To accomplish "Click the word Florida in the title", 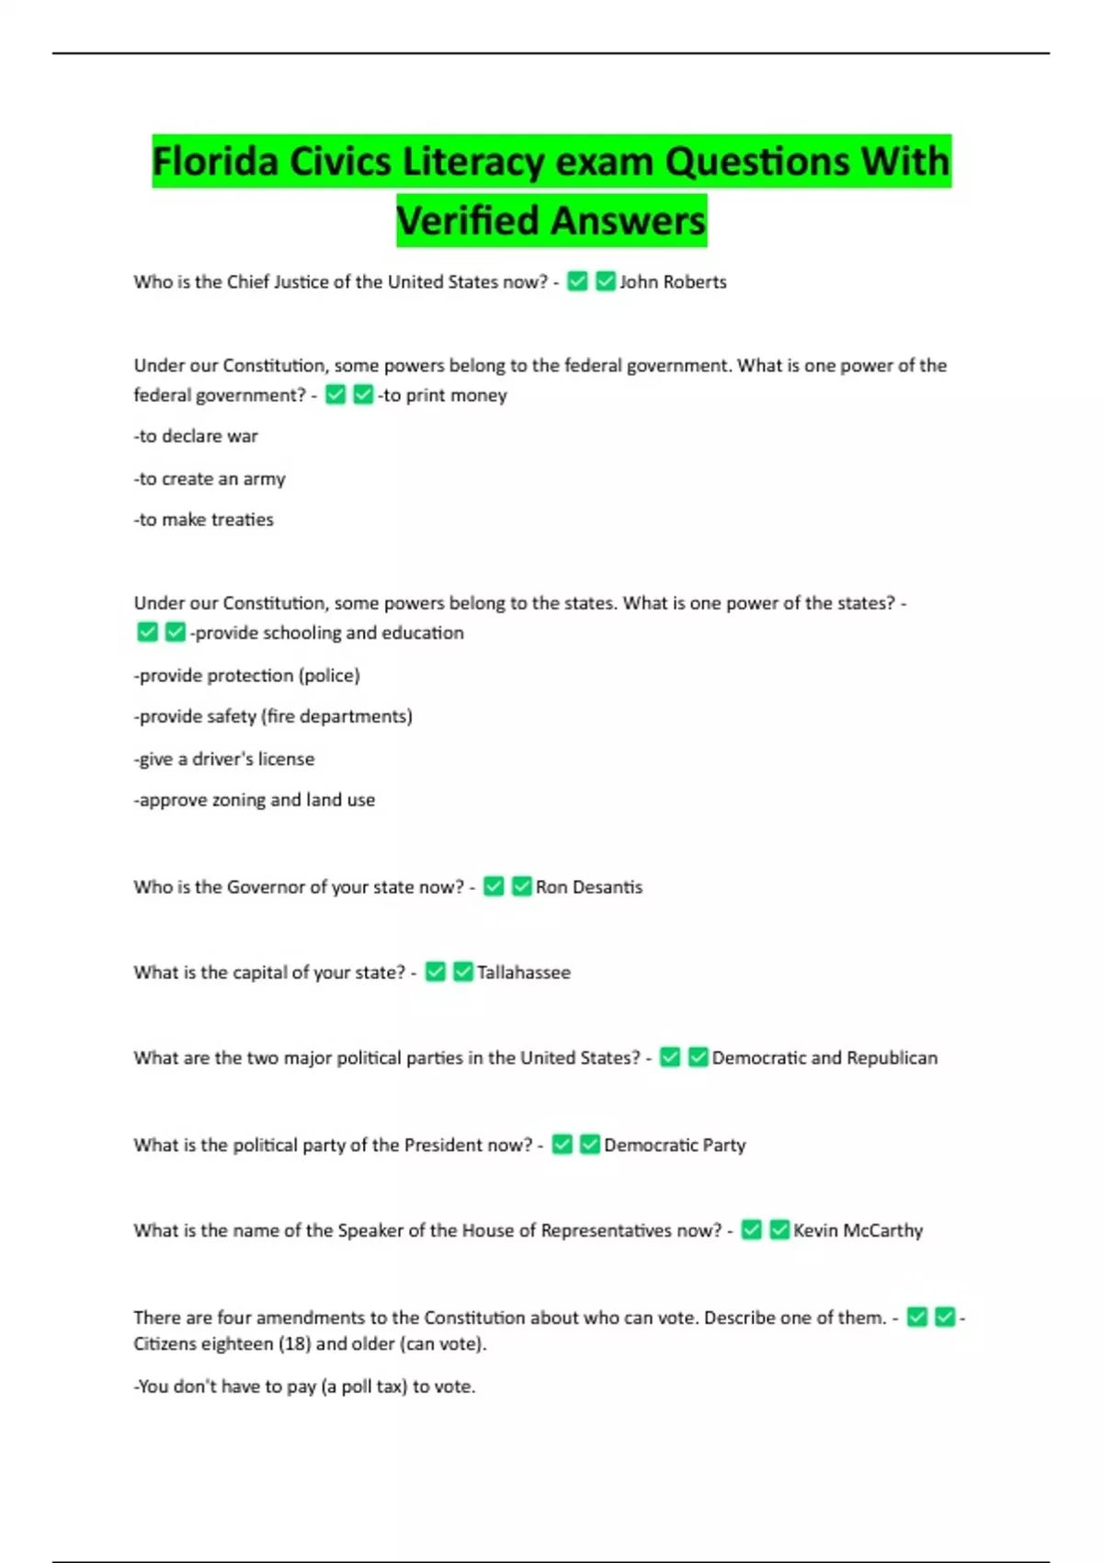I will coord(215,162).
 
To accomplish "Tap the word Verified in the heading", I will coord(468,221).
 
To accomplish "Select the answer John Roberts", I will coord(673,282).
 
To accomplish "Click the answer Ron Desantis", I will coord(589,887).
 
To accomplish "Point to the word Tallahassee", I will coord(523,973).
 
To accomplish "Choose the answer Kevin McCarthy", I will coord(858,1231).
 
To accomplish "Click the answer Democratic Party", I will coord(675,1146).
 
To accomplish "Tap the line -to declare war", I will coord(196,437).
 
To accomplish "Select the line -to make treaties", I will coord(204,520).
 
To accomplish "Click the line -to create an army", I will coord(210,479).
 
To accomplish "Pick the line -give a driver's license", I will coord(224,759).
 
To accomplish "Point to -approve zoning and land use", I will coord(255,801).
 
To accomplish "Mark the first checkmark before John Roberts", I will coord(577,281).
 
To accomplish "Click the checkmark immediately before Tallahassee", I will coord(463,972).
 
